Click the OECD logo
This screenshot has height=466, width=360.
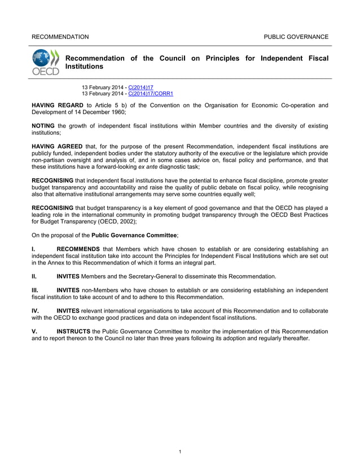click(45, 63)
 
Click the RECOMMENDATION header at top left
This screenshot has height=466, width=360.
click(60, 37)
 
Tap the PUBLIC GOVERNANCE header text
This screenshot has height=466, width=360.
click(296, 37)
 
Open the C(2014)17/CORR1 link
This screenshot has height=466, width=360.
click(151, 94)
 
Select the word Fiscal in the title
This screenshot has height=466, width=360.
click(318, 58)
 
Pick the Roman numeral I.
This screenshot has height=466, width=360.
click(33, 249)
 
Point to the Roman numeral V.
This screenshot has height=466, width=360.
click(34, 331)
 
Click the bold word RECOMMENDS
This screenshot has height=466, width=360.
click(78, 249)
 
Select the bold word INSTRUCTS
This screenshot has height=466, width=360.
click(73, 331)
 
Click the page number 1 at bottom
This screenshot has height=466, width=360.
click(179, 451)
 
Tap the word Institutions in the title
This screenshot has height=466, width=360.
click(85, 67)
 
